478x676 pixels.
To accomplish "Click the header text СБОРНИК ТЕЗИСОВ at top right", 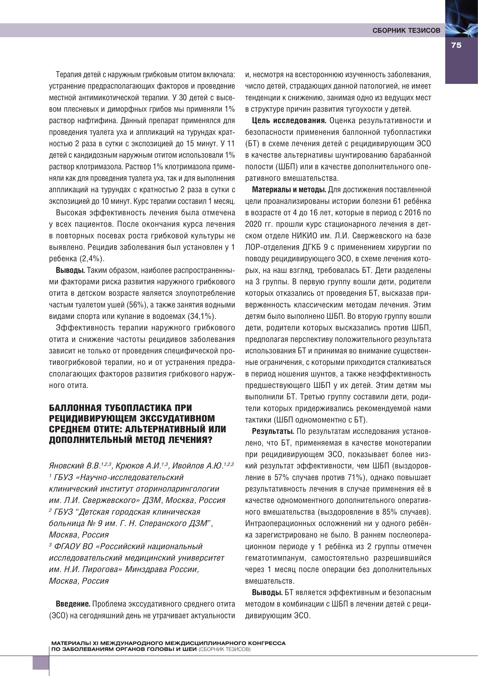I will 406,30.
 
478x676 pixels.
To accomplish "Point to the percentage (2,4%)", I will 91,259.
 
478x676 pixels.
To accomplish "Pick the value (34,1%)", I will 202,316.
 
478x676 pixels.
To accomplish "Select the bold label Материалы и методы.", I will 289,190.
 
